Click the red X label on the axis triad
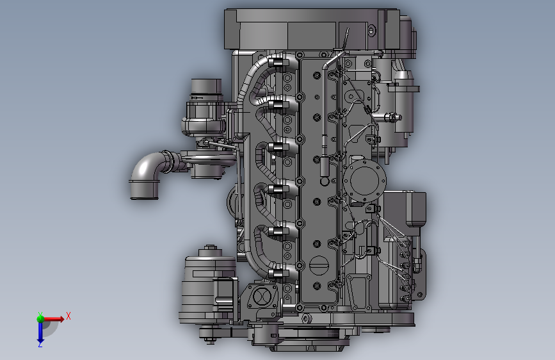pos(68,316)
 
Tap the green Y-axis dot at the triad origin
pos(40,318)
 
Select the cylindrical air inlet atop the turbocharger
pos(206,90)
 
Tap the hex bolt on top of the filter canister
pos(211,247)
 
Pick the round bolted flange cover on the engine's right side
pos(364,180)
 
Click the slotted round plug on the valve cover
pos(319,265)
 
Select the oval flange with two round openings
pos(262,297)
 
